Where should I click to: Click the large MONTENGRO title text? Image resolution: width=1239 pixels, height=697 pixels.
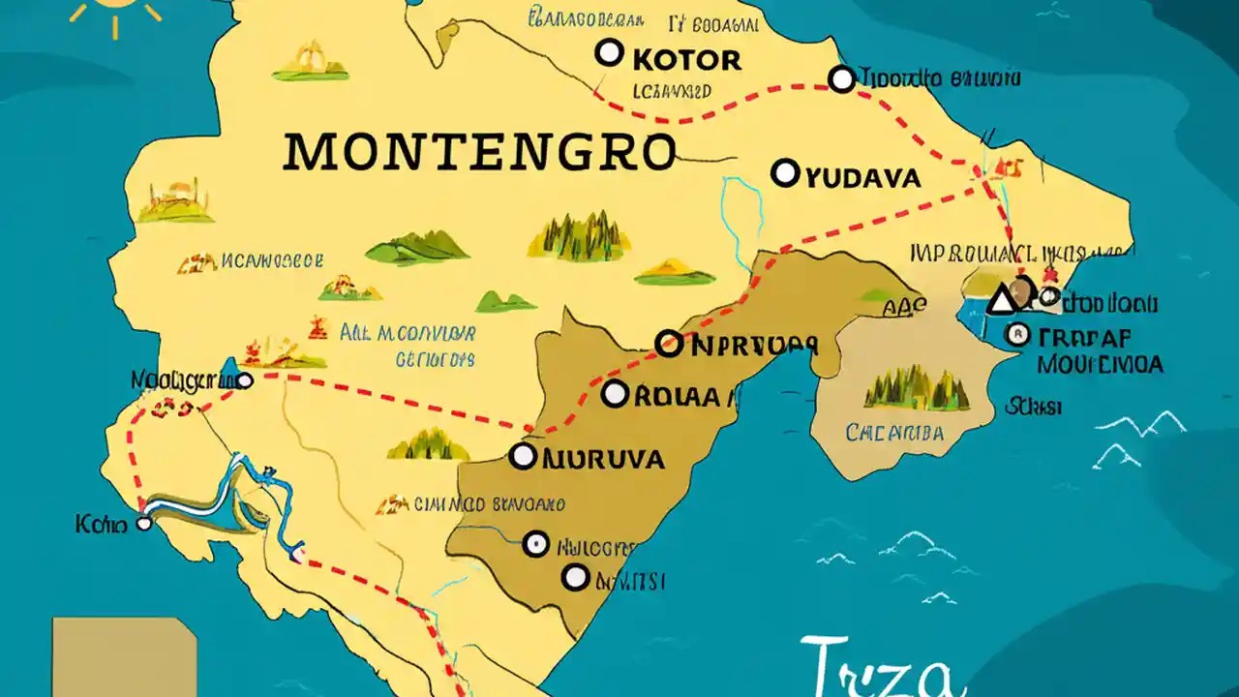480,153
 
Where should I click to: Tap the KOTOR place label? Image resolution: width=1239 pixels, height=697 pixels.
686,60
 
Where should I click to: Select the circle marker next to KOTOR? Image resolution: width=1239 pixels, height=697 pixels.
608,52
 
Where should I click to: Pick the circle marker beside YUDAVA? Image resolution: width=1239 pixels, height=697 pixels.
785,174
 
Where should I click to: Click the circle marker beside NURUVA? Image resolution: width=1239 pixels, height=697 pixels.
523,456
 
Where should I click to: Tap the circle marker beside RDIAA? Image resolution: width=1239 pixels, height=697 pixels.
615,394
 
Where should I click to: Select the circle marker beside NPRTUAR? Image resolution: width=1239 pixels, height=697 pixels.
668,343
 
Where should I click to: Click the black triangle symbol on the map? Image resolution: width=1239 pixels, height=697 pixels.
1002,301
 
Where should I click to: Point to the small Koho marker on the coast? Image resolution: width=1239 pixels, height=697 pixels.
144,524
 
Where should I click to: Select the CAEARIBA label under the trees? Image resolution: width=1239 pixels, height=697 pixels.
894,433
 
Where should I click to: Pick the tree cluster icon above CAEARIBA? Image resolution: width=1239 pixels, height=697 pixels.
916,389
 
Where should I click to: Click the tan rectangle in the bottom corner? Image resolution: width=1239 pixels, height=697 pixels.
124,658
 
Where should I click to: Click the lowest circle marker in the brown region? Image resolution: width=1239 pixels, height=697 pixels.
576,578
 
